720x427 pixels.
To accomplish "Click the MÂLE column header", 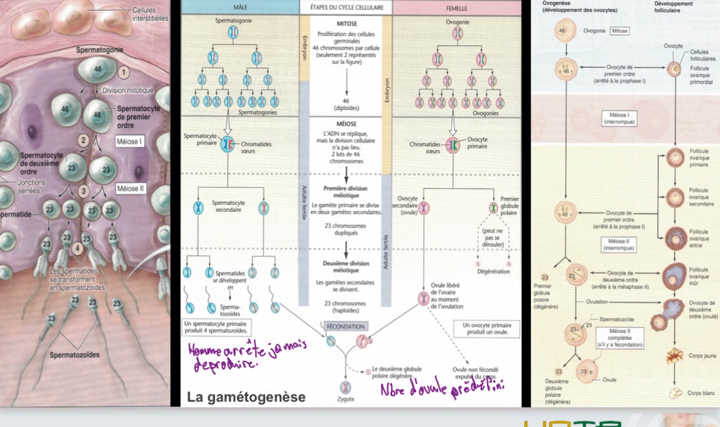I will [x=240, y=8].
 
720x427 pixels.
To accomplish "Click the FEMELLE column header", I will [x=457, y=8].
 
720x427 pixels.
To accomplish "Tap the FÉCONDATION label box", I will [x=345, y=326].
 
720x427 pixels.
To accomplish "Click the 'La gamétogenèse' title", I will [x=246, y=397].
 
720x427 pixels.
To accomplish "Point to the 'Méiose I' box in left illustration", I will [x=130, y=142].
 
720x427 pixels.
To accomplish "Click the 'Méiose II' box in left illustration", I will [x=130, y=189].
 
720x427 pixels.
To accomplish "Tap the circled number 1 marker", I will [x=124, y=72].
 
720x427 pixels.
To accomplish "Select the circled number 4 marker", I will [x=77, y=248].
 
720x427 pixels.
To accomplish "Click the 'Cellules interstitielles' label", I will [x=150, y=14].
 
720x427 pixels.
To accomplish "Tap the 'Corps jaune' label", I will [x=702, y=356].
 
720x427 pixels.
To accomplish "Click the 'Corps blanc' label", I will [x=702, y=393].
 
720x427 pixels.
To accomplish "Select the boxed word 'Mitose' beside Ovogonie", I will [x=620, y=31].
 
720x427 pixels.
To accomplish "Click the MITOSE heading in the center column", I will [x=346, y=24].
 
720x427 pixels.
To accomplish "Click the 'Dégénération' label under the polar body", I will [x=493, y=272].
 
